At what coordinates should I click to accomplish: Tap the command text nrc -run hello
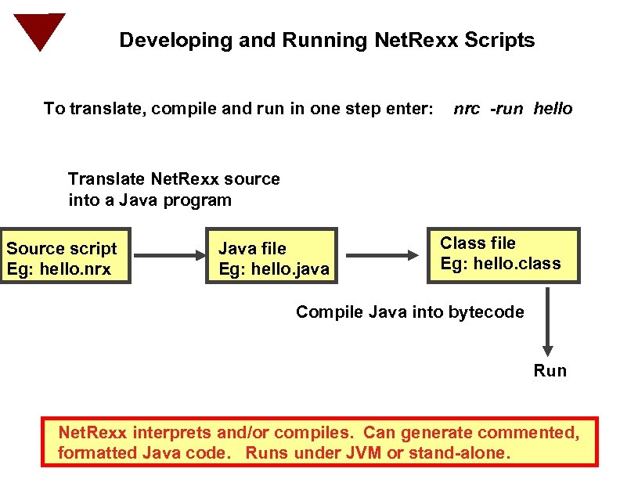point(513,109)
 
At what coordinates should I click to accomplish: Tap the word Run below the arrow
point(550,370)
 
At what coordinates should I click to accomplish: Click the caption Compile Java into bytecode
point(409,312)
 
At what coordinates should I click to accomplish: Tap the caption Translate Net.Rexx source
point(174,178)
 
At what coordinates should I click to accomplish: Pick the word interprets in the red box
point(168,433)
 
